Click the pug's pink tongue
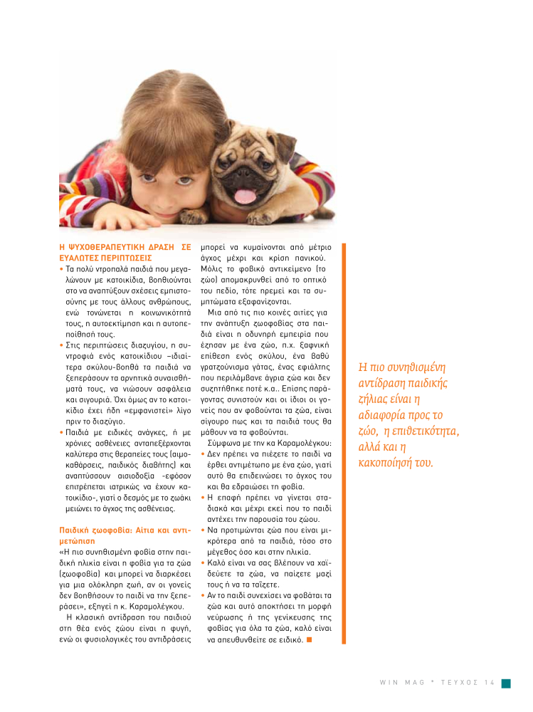click(x=244, y=196)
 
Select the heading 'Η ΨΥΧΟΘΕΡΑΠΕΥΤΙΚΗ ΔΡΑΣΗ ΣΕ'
click(x=125, y=246)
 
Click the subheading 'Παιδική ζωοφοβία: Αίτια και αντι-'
click(x=125, y=530)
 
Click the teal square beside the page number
click(x=505, y=684)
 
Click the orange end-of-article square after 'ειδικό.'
click(x=309, y=639)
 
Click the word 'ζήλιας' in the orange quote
click(x=375, y=399)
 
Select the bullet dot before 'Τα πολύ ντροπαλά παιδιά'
click(x=61, y=270)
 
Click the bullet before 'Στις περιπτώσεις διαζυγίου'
click(x=61, y=345)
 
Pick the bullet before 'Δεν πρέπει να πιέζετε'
click(x=204, y=454)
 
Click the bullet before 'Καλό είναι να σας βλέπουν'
click(x=204, y=562)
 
